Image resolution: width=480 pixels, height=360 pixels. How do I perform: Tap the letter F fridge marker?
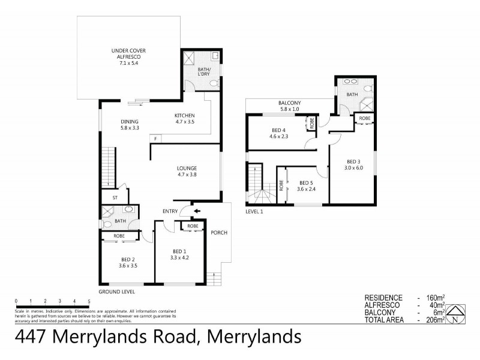point(155,139)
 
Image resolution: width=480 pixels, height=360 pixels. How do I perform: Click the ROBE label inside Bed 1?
point(193,226)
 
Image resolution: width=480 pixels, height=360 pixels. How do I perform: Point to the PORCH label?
point(217,233)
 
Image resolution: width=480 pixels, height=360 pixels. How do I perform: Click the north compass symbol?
point(458,313)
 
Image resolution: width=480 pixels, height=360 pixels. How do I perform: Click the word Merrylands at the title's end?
point(254,337)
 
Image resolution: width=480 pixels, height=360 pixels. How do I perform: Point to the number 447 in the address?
point(32,337)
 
